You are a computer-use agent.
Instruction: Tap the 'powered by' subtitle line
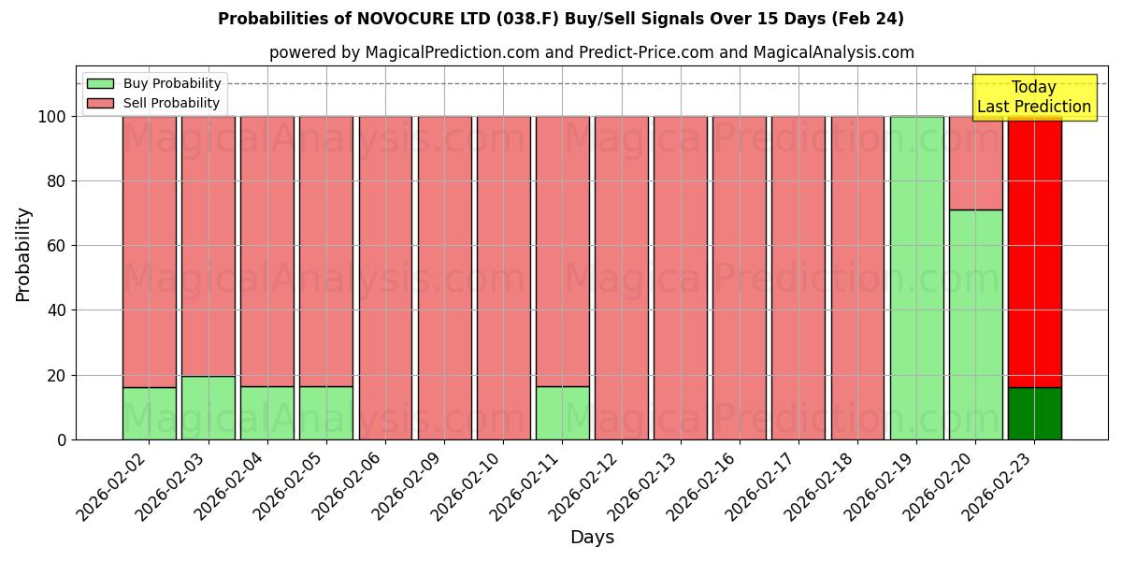pos(591,52)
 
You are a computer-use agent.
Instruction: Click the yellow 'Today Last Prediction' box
pos(1033,97)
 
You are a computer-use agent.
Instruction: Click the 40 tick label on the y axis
pos(57,310)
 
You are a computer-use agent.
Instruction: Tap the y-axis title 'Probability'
pos(23,254)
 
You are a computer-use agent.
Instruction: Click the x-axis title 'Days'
pos(592,538)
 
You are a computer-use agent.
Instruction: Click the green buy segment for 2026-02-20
pos(975,324)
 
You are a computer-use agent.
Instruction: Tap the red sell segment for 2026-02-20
pos(975,163)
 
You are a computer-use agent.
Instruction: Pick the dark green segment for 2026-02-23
pos(1034,413)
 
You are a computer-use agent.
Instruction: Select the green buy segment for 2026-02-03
pos(209,408)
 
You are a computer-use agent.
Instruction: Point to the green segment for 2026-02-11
pos(562,413)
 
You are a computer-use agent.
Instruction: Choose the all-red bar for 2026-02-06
pos(385,278)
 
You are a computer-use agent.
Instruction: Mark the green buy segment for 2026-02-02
pos(149,413)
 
